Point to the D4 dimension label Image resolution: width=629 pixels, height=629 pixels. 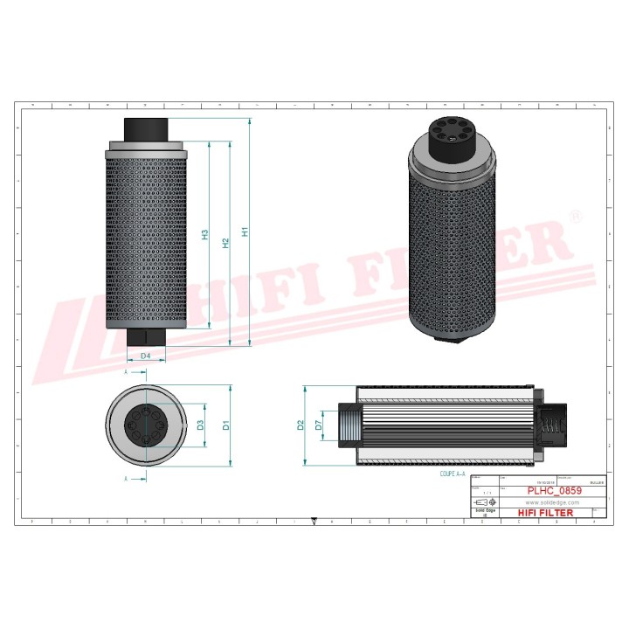[146, 356]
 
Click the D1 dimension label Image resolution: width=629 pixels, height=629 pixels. [225, 425]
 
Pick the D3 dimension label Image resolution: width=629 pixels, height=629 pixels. [200, 425]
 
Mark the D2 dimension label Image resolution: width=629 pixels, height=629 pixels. [301, 425]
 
